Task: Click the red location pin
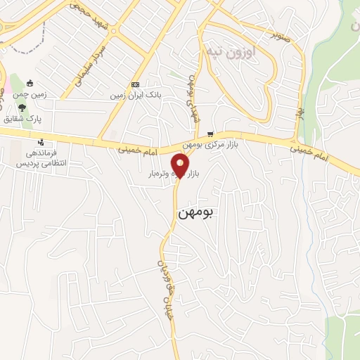pos(181,165)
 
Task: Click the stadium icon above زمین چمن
pos(29,84)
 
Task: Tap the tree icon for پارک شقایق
pos(22,108)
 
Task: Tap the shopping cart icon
pos(210,134)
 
